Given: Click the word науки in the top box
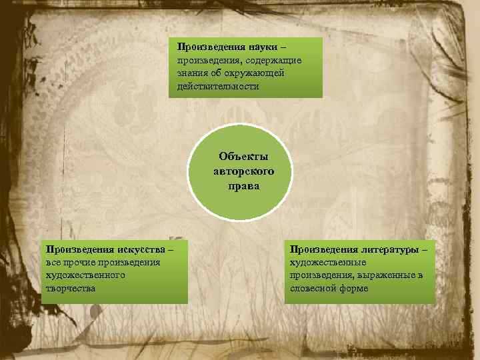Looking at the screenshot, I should click(x=263, y=47).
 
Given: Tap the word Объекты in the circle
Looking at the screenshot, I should click(x=243, y=157).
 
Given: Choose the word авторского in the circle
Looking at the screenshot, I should click(x=243, y=171).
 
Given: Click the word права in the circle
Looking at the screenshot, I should click(x=243, y=186).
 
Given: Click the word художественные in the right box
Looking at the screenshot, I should click(x=323, y=262).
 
